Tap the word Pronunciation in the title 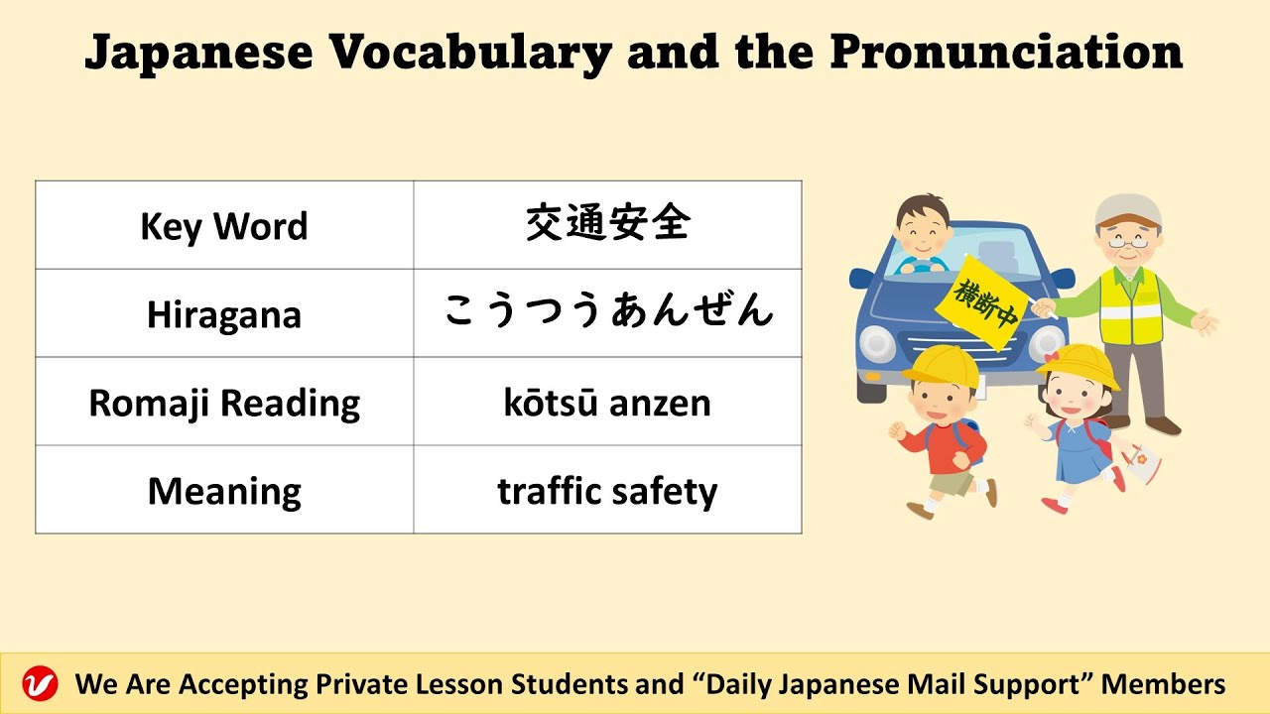click(x=1006, y=53)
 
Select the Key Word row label click(x=224, y=226)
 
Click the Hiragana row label click(x=224, y=314)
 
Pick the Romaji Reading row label click(x=224, y=403)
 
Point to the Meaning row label click(x=224, y=491)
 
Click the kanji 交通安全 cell click(x=607, y=224)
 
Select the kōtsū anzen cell click(x=607, y=403)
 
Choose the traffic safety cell click(x=607, y=491)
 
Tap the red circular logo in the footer click(x=41, y=684)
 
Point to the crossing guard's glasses click(x=1128, y=239)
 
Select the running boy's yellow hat click(x=939, y=365)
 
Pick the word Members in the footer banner click(x=1163, y=684)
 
